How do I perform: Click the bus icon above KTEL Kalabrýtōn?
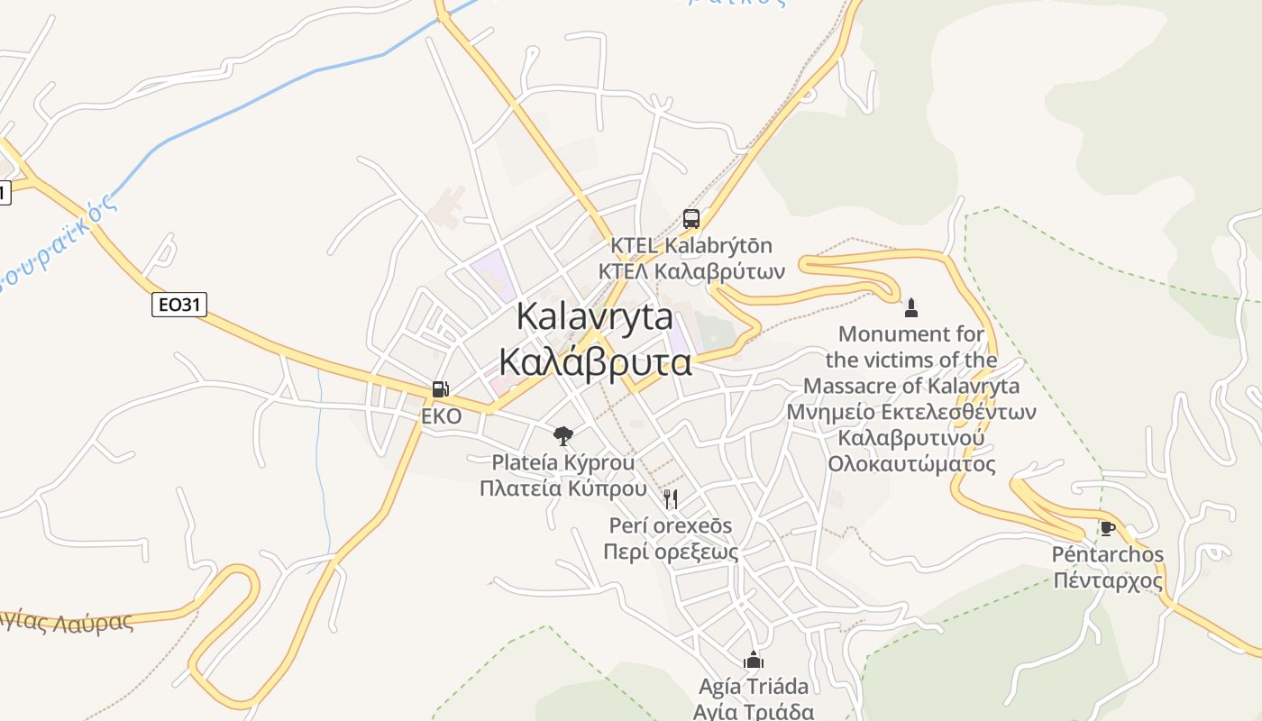pos(691,218)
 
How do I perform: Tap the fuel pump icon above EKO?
pos(441,389)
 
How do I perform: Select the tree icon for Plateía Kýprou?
pos(563,436)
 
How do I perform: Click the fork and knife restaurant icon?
pos(671,499)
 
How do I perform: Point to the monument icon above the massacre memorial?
pos(911,307)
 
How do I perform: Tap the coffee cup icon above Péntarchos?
pos(1108,528)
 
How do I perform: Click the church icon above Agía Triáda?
pos(754,660)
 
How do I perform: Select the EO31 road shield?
pos(178,305)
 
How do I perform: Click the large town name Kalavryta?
pos(595,317)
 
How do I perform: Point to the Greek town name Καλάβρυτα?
pos(595,362)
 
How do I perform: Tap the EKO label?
pos(442,416)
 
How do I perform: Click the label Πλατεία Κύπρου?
pos(563,489)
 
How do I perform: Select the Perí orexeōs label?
pos(671,525)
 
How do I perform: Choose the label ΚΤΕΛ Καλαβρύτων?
pos(691,271)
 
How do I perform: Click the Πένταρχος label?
pos(1108,580)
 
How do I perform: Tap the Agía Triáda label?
pos(754,686)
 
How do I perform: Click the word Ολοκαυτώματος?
pos(911,464)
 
